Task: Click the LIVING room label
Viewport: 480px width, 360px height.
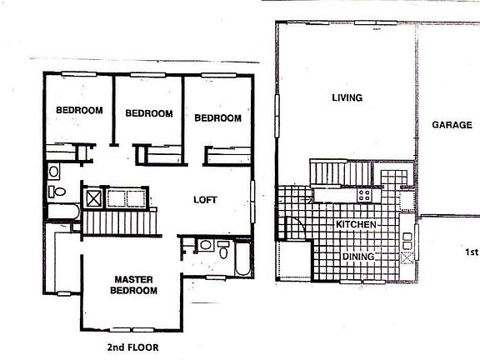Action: (347, 97)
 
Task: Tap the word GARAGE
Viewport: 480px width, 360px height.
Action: (452, 125)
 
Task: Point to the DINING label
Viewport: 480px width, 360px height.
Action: (358, 257)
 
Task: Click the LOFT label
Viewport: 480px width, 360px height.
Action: (206, 200)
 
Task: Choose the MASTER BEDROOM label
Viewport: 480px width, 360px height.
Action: (132, 285)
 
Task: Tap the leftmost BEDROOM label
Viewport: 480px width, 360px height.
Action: (79, 110)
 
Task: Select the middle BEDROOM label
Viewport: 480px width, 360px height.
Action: (148, 113)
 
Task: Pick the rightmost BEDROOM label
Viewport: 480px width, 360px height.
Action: (217, 118)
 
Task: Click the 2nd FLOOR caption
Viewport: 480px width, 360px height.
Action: (133, 345)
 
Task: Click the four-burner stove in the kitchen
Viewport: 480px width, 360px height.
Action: (365, 194)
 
